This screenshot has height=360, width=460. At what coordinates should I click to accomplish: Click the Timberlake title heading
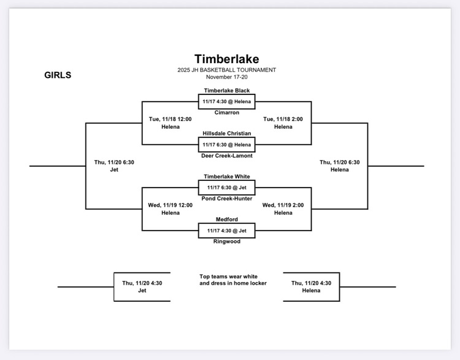click(226, 59)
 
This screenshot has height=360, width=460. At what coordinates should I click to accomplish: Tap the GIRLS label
click(58, 75)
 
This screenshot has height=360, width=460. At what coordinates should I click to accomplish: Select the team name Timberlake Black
click(226, 90)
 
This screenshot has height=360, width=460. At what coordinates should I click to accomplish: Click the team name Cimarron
click(226, 112)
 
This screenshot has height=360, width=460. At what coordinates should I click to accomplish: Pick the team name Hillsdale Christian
click(226, 133)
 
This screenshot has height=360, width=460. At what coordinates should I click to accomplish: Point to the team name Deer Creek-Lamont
click(226, 155)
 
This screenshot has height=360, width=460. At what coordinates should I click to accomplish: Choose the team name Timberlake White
click(226, 176)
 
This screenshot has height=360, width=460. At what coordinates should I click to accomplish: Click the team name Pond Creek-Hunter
click(226, 198)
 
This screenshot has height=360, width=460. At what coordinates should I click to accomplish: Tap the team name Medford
click(226, 219)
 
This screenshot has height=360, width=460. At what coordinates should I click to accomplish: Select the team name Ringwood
click(226, 241)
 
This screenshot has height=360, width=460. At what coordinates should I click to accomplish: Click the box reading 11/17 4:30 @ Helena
click(226, 101)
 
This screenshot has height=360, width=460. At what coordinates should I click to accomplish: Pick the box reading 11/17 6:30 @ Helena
click(226, 144)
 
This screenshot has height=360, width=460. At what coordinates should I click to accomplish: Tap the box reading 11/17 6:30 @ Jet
click(226, 187)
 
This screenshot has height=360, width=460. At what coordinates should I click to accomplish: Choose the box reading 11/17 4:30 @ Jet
click(226, 230)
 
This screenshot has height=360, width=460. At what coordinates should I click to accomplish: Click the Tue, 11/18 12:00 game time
click(171, 119)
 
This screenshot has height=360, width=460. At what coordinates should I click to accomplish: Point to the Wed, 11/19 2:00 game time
click(283, 205)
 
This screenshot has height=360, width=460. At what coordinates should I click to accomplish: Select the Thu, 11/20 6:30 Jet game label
click(114, 166)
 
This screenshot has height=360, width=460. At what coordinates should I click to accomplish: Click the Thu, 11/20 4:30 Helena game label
click(311, 286)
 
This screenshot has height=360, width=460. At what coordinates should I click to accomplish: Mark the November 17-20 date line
click(226, 77)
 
